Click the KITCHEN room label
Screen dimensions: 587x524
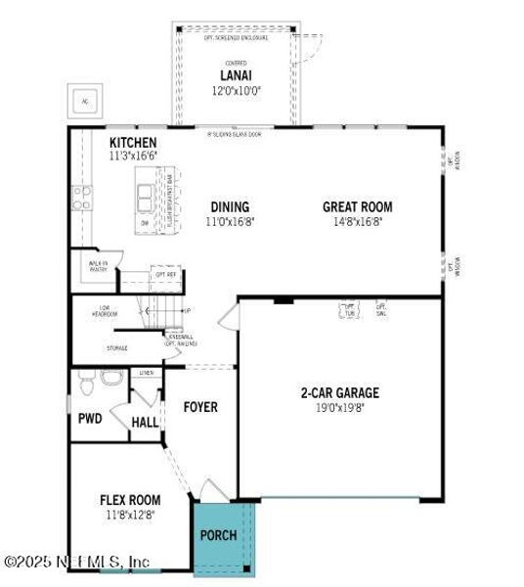[133, 143]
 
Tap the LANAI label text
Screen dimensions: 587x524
[236, 75]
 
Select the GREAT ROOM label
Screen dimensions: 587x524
[358, 207]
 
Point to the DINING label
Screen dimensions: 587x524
[230, 207]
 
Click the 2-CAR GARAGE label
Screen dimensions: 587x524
[339, 393]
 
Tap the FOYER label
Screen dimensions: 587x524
[200, 407]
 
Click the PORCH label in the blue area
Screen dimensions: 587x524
[218, 535]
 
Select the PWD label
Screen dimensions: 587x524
[90, 419]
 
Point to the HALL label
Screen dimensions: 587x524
[145, 422]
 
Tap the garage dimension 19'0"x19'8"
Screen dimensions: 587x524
[339, 408]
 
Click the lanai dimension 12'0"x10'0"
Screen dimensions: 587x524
[236, 90]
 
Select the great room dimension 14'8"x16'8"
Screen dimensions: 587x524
[358, 222]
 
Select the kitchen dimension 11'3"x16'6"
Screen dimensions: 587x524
[133, 156]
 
